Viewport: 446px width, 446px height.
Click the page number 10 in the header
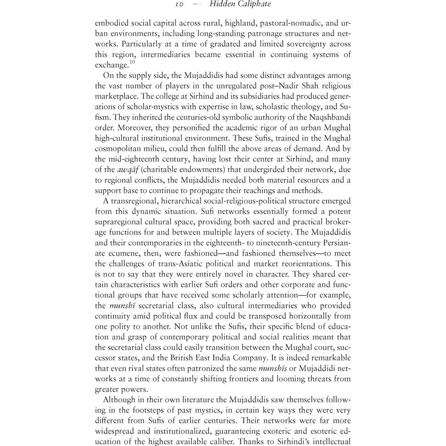pos(179,4)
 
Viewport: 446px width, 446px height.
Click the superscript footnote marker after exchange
pos(132,62)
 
